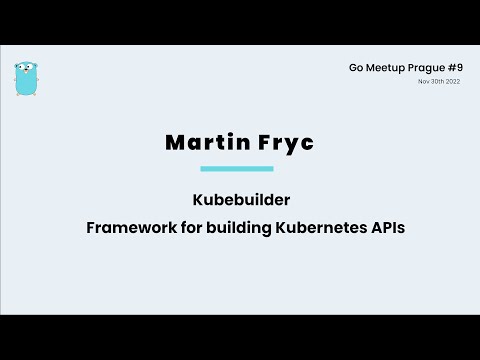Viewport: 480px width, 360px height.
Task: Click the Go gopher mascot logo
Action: [26, 78]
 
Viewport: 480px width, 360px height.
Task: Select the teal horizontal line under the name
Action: [236, 168]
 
